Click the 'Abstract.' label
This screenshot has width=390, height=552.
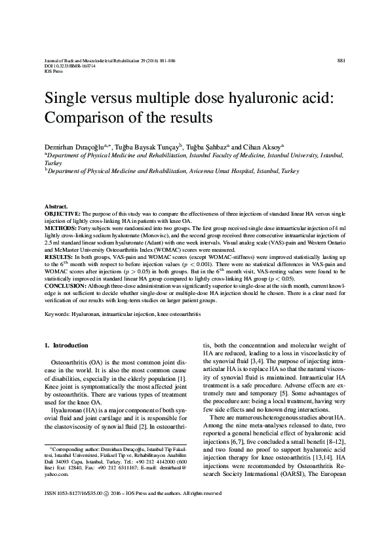pyautogui.click(x=55, y=206)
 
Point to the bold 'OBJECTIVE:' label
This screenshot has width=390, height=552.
pyautogui.click(x=62, y=214)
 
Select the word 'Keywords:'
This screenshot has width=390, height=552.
pyautogui.click(x=57, y=315)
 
